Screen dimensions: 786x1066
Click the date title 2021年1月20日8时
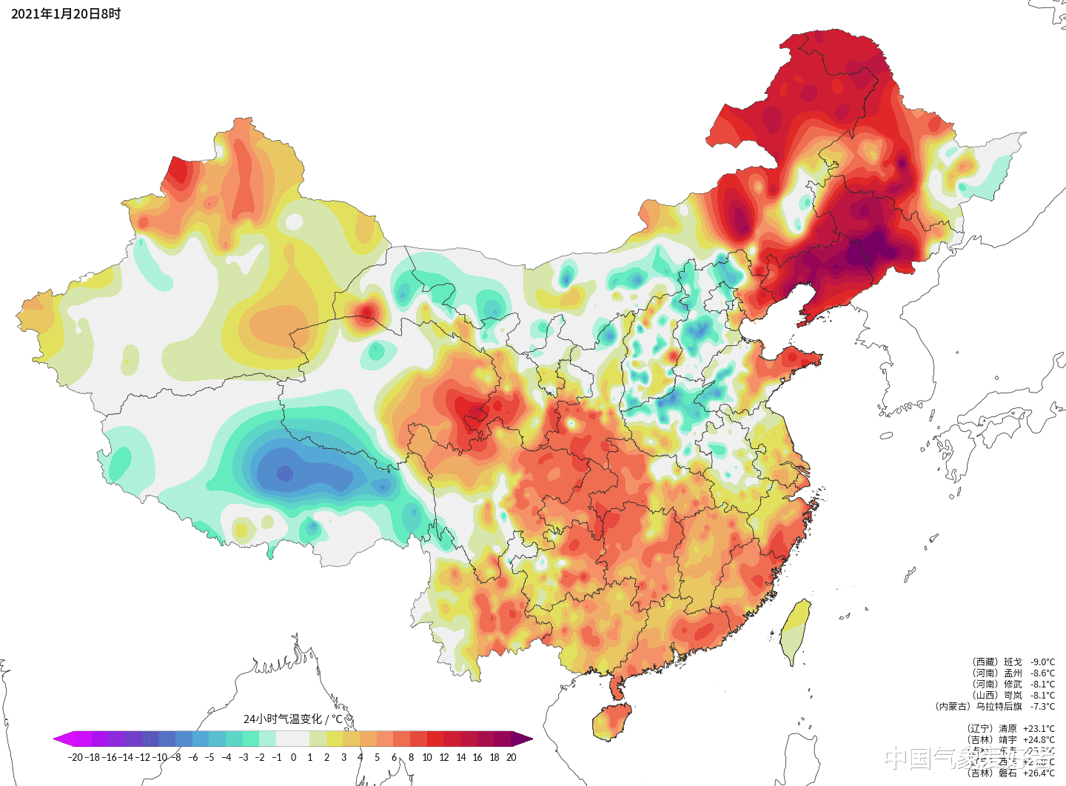[66, 14]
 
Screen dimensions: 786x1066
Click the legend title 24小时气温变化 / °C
[293, 719]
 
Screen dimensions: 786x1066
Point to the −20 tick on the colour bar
[75, 757]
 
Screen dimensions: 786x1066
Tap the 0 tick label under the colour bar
[293, 757]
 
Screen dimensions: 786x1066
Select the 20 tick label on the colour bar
[511, 757]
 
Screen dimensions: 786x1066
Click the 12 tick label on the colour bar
[444, 757]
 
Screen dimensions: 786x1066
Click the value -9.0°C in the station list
[1042, 662]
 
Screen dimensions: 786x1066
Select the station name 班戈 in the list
[1013, 662]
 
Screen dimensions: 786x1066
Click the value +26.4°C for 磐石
[1039, 773]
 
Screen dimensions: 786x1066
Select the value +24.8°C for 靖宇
[1039, 740]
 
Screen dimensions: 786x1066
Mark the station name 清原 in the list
[1008, 729]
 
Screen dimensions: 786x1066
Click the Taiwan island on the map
[795, 630]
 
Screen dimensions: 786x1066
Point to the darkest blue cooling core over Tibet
[285, 473]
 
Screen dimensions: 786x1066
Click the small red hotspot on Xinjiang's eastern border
[366, 311]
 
